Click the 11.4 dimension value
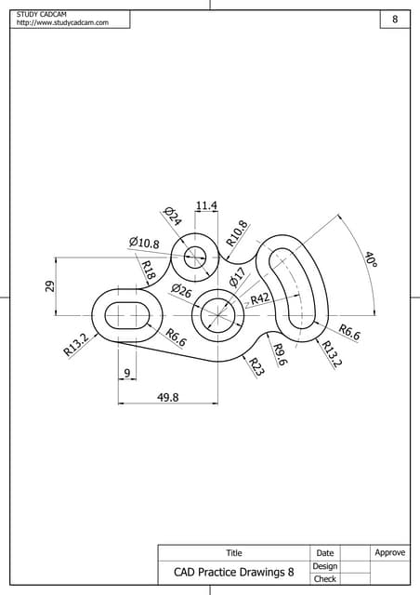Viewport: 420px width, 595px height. pos(206,205)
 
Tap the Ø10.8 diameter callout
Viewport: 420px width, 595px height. pos(144,243)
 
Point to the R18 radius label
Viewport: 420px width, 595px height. pos(147,271)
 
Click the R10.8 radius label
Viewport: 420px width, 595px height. pos(238,233)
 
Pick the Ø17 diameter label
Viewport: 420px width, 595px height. pos(237,277)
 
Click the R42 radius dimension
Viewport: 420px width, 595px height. pos(260,298)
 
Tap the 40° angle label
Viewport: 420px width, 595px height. pos(370,259)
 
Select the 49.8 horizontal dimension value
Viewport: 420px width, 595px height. pos(168,397)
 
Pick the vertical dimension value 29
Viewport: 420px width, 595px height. pos(50,287)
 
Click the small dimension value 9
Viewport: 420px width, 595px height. pos(125,374)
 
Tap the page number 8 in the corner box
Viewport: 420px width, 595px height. pos(395,20)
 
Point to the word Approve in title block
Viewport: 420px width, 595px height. pos(389,552)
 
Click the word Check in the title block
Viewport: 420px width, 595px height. pos(324,578)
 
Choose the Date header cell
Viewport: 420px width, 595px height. pos(324,553)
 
